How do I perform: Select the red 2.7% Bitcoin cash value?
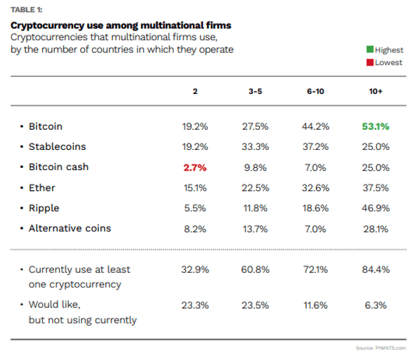pos(195,167)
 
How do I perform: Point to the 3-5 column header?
pos(256,91)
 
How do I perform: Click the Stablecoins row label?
pos(59,147)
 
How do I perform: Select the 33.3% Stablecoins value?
pos(256,147)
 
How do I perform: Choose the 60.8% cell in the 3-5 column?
pos(256,269)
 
